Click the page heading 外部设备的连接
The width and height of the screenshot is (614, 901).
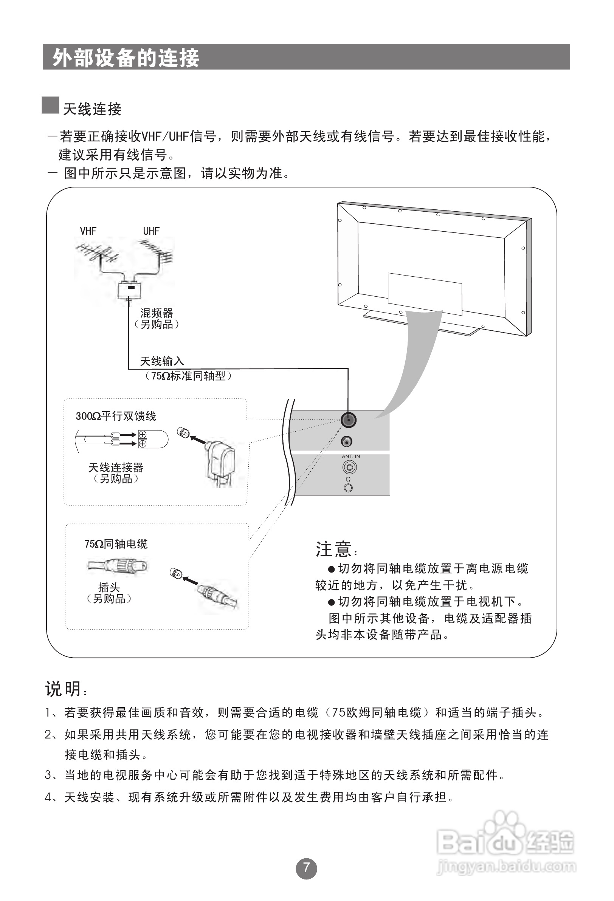coord(126,58)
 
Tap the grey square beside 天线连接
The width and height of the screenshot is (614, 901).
coord(50,105)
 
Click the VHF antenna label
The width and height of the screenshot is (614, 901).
coord(88,231)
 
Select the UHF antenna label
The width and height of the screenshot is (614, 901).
coord(151,231)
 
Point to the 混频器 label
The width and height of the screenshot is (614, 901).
coord(156,313)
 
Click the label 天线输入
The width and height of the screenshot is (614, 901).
coord(162,361)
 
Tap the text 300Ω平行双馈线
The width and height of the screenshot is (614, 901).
coord(116,416)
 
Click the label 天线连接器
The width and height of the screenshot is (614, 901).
coord(116,468)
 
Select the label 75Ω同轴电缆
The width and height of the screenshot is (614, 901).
coord(116,544)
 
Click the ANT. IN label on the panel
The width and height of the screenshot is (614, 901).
coord(350,457)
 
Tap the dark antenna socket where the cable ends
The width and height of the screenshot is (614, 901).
coord(348,420)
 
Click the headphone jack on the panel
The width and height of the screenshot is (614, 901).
coord(348,488)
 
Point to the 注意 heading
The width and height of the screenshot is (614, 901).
coord(333,549)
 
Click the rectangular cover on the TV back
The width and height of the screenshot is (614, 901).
coord(425,294)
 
